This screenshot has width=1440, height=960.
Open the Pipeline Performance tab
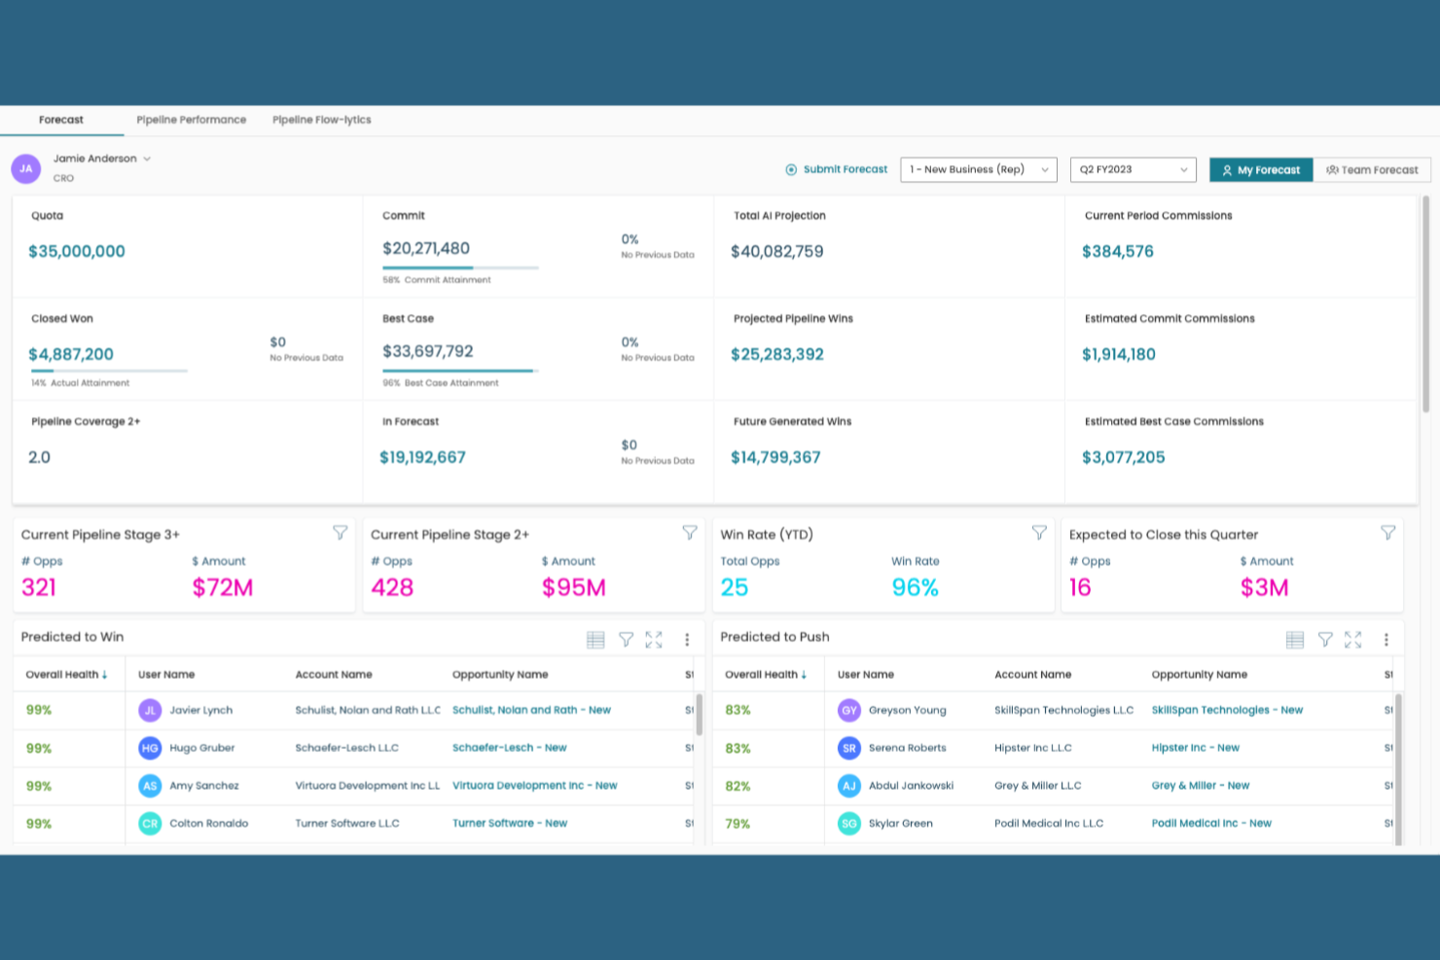click(191, 120)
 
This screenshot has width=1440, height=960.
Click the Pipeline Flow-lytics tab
click(321, 120)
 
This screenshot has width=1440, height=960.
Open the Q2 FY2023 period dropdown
click(1133, 169)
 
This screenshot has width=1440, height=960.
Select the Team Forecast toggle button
click(1372, 170)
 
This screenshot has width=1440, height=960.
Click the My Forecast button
click(1261, 170)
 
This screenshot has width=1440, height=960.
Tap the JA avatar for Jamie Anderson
click(26, 168)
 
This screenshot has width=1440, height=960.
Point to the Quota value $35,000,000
click(77, 252)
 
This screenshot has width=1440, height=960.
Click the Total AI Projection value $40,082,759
click(776, 252)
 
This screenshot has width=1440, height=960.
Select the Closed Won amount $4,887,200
click(71, 355)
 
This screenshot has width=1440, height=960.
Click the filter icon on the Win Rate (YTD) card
click(1039, 533)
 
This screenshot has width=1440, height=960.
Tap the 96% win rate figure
click(915, 587)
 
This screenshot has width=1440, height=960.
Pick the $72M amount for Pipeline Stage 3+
click(223, 587)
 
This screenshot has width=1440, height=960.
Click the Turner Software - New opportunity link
click(509, 823)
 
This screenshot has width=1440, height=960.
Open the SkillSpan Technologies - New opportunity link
click(1226, 710)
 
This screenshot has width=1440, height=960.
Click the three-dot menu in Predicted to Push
click(1386, 640)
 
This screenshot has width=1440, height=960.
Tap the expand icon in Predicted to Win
click(654, 640)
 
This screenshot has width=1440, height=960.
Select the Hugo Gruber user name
click(201, 748)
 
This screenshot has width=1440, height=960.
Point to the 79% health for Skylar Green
click(738, 824)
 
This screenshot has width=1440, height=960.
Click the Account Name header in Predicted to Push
click(1032, 674)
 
